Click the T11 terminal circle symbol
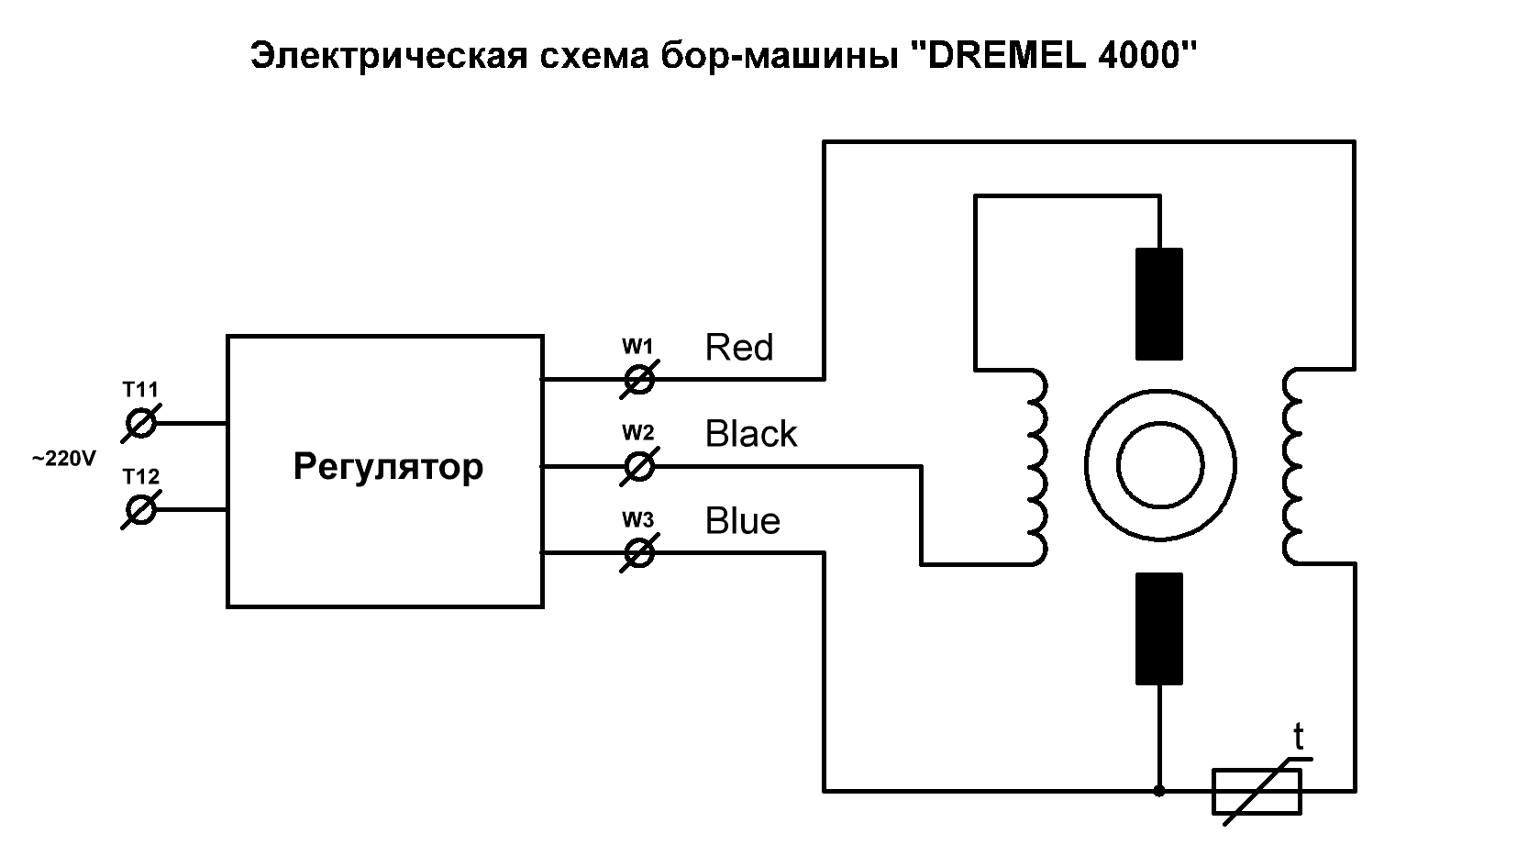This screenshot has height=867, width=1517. click(x=141, y=424)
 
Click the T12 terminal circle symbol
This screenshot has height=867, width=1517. click(x=141, y=510)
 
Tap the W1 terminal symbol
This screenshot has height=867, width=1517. click(x=638, y=379)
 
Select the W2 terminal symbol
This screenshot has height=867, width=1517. click(x=638, y=467)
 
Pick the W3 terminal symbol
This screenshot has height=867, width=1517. click(x=638, y=553)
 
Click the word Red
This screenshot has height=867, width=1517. click(x=739, y=348)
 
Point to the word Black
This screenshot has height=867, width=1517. click(x=751, y=433)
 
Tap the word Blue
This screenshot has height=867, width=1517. click(x=742, y=521)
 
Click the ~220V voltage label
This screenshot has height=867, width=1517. click(x=64, y=460)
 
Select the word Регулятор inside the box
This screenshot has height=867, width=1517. click(x=388, y=467)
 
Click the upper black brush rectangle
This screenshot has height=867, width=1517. click(x=1159, y=304)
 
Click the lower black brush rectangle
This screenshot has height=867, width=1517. click(x=1159, y=628)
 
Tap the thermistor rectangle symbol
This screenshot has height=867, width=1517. click(x=1257, y=791)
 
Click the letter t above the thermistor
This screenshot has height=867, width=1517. click(x=1298, y=737)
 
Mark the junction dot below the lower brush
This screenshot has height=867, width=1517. click(x=1159, y=791)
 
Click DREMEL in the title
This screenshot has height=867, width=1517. click(x=1006, y=56)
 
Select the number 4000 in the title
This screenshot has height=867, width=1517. click(x=1139, y=56)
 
